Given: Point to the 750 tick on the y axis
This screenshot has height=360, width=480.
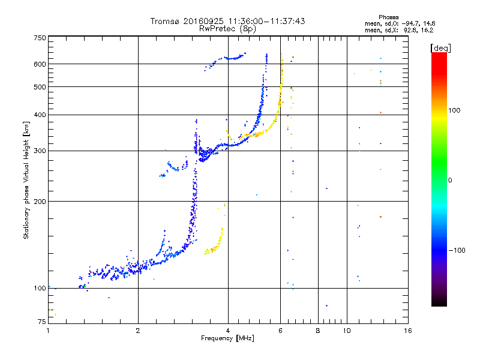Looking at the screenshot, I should [40, 38].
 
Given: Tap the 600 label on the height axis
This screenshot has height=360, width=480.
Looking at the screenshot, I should [40, 64].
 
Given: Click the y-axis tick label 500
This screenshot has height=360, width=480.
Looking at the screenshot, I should [40, 87].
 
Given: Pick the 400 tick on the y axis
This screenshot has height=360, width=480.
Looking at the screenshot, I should [40, 115].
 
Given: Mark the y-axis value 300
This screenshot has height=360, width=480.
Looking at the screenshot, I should [40, 151].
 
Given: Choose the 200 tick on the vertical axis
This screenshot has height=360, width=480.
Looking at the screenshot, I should [40, 202].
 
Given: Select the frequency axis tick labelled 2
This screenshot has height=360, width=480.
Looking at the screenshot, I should [138, 331].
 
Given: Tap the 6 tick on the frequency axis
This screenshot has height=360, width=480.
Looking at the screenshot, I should [280, 331].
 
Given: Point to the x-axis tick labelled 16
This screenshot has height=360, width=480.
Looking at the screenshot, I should [407, 331].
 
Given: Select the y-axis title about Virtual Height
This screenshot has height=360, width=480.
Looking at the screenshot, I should [26, 180].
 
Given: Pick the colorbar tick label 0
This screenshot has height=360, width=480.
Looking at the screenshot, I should [452, 180].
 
